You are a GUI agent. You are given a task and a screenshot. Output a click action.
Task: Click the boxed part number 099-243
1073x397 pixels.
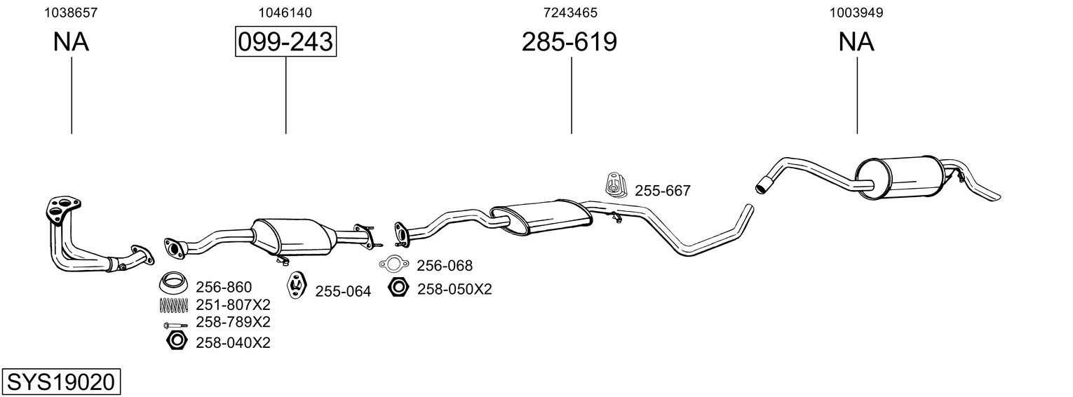pos(285,41)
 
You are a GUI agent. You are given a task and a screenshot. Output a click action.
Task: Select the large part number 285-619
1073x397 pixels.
pos(569,41)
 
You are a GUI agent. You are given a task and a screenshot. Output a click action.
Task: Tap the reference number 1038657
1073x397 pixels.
pos(71,13)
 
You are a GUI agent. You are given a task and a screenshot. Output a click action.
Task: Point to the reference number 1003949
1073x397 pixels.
pos(856,13)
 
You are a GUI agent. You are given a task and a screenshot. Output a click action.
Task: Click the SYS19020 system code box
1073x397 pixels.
pos(61,382)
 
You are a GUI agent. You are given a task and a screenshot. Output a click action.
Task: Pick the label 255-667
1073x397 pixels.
pos(663,191)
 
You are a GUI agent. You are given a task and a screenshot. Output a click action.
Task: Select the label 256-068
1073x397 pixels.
pos(445,265)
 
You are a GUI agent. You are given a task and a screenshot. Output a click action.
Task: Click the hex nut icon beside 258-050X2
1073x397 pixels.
pos(398,288)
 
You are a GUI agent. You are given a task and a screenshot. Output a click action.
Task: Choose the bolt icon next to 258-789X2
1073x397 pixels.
pos(175,325)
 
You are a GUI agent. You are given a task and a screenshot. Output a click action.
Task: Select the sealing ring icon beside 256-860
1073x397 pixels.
pos(173,283)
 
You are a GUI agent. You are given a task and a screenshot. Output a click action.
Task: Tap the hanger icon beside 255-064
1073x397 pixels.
pos(297,285)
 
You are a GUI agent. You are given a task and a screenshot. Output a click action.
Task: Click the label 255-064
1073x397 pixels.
pos(343,291)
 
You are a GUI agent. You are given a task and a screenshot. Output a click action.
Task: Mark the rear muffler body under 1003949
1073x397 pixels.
pos(900,177)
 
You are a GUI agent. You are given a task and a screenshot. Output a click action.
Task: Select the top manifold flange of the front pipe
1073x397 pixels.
pos(62,209)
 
